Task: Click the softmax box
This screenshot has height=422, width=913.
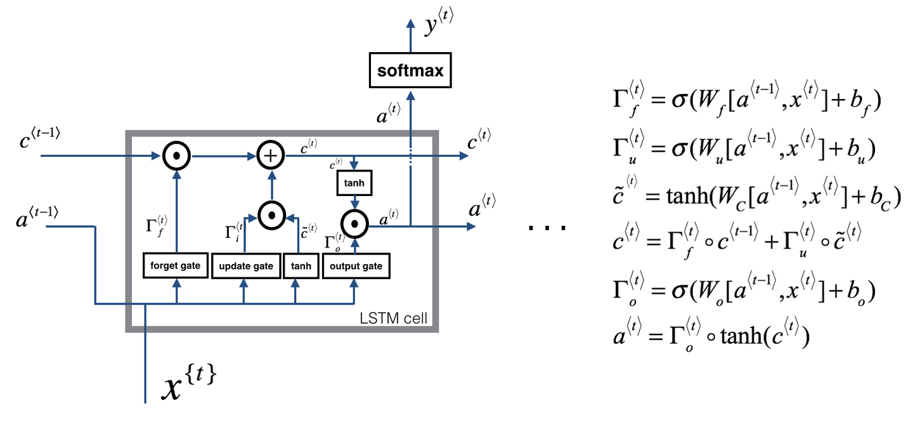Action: (411, 70)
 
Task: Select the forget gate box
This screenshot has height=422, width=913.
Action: (176, 265)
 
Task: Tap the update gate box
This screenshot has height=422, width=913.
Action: (245, 266)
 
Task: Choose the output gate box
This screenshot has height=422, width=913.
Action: (355, 266)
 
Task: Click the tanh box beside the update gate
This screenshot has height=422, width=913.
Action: (301, 266)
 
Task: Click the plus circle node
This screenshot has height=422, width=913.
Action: (270, 155)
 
